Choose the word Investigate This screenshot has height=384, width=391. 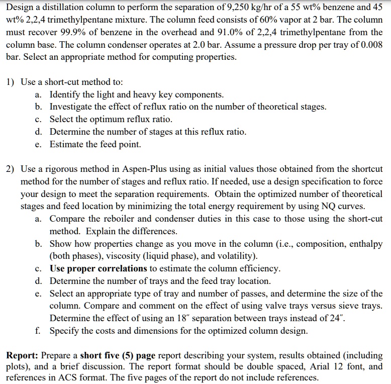tap(74, 107)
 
